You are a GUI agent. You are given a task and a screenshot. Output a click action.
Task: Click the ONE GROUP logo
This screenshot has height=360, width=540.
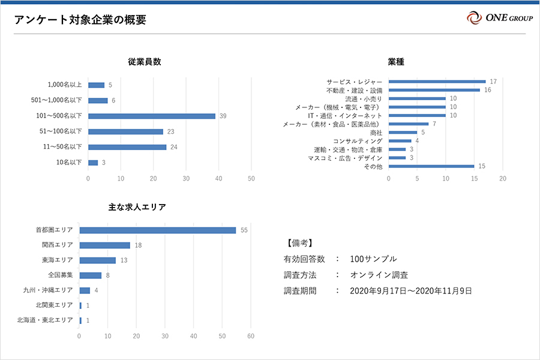coord(499,17)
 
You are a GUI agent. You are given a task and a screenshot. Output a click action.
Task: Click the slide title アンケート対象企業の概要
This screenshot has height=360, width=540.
coord(80,20)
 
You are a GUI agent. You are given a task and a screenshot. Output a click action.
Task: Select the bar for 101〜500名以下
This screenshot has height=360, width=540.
coord(151,116)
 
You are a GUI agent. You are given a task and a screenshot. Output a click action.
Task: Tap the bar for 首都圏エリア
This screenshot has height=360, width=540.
coord(158,230)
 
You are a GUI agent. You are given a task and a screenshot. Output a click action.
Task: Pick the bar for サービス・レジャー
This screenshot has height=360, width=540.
coord(437,82)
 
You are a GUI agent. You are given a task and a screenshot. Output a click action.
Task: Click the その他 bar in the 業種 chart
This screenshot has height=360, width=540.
coord(431,166)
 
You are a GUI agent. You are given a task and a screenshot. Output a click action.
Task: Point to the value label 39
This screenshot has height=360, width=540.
coord(223,116)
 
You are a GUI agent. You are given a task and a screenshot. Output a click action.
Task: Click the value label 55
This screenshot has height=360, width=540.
coord(244,230)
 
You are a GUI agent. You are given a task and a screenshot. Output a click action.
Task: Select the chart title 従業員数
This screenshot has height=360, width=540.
coord(144,61)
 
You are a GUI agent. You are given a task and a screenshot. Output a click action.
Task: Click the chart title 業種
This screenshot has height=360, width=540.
coord(395,61)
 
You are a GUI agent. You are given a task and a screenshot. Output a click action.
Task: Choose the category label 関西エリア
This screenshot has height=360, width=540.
coord(58,245)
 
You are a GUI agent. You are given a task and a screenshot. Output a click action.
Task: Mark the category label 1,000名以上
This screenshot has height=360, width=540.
coord(65,85)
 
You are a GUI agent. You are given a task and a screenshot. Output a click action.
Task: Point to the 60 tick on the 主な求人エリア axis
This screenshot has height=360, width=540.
coord(251,336)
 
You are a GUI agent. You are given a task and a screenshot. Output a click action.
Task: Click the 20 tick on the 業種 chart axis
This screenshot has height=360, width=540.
coord(503,178)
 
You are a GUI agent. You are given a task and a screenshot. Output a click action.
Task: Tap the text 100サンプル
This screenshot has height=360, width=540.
coord(373,259)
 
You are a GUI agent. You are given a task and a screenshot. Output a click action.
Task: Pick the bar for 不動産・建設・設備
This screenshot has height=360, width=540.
coord(434,90)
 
